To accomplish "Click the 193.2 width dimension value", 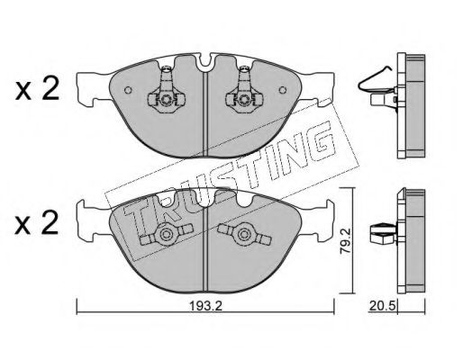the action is pyautogui.click(x=205, y=306).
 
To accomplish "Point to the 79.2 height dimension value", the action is pyautogui.click(x=345, y=240).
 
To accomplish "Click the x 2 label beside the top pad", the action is pyautogui.click(x=37, y=90).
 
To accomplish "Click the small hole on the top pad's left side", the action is pyautogui.click(x=128, y=90).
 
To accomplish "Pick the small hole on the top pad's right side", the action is pyautogui.click(x=283, y=90).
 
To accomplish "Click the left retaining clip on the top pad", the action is pyautogui.click(x=166, y=92).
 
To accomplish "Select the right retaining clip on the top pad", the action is pyautogui.click(x=244, y=92).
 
